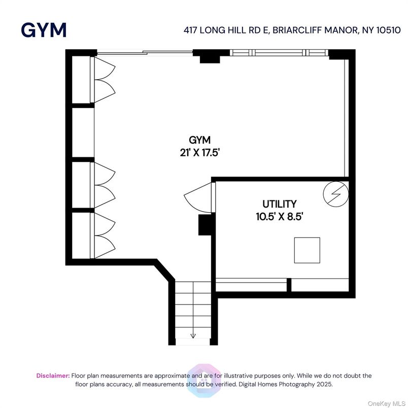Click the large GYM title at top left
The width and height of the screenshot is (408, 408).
(44, 30)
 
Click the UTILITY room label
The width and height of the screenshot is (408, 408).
(279, 204)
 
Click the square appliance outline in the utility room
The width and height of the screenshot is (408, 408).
(307, 250)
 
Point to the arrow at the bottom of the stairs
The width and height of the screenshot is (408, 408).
(193, 335)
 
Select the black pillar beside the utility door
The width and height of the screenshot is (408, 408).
(205, 225)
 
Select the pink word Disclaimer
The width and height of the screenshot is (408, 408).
(53, 376)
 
